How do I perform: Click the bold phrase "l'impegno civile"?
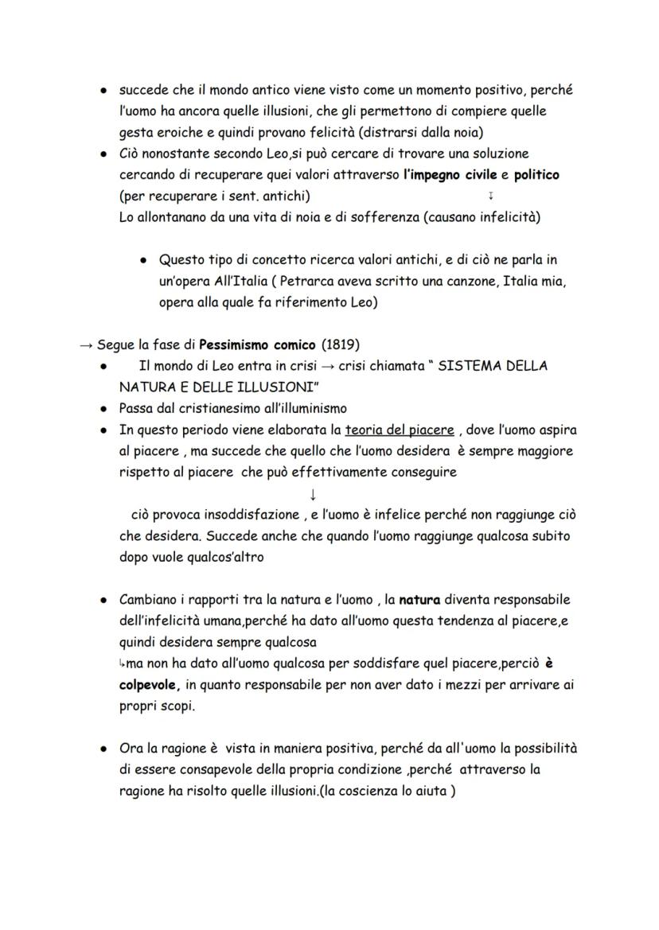click(450, 174)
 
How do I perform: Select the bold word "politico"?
click(536, 174)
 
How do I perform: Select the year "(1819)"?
click(341, 344)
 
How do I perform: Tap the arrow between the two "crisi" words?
click(326, 367)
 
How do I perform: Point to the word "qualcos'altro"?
click(225, 558)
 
